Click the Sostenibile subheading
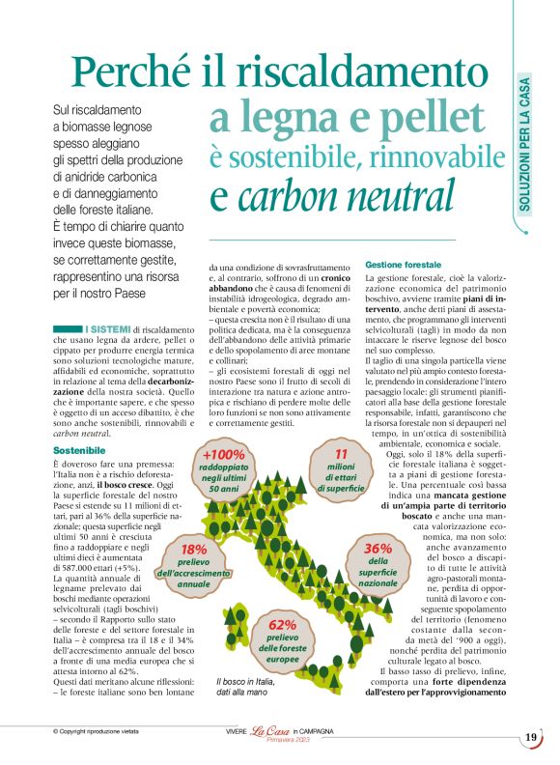(79, 450)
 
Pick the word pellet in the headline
(417, 118)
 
